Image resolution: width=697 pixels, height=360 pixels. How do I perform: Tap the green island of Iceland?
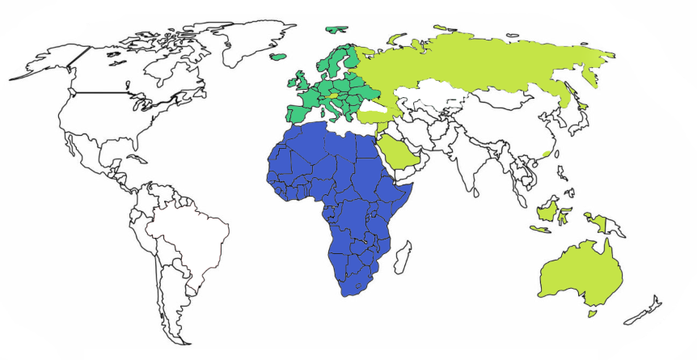(277, 57)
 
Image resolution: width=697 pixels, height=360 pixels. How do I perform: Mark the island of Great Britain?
(301, 81)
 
